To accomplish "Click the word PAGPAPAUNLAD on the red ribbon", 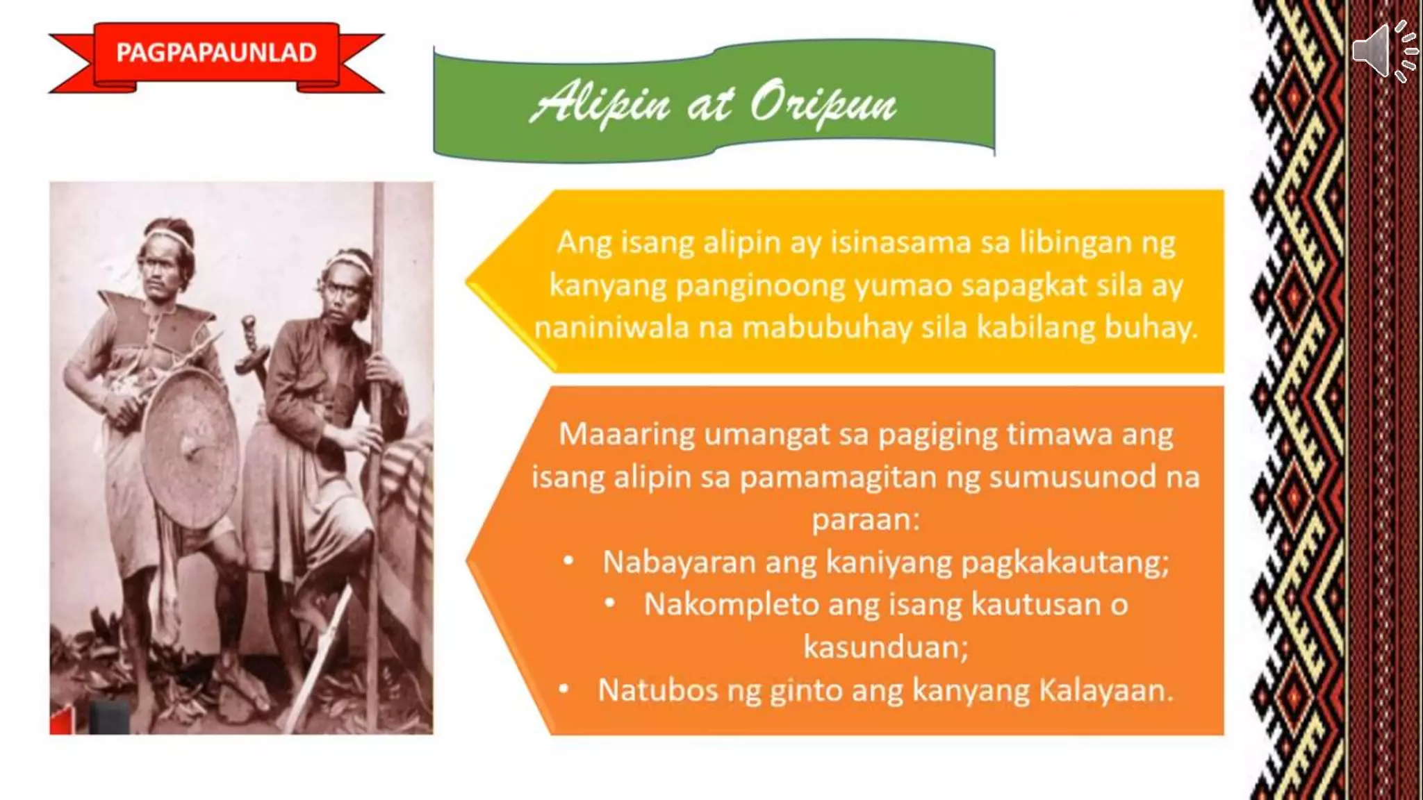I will coord(216,53).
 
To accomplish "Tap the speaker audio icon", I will coord(1383,51).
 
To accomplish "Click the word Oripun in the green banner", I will coord(823,105).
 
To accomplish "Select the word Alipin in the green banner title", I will coord(602,105).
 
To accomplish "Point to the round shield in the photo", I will coord(189,448).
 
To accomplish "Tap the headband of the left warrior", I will coord(167,238).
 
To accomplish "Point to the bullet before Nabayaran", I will coord(568,560).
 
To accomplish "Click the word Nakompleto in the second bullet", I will coord(731,605).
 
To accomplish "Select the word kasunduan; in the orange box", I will coord(885,647).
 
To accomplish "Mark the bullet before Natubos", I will coord(564,689).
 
